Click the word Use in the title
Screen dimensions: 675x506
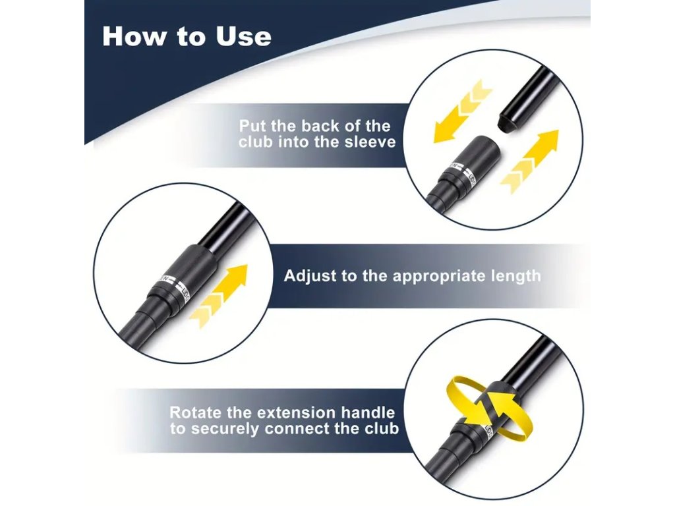243,36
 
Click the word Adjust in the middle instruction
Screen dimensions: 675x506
310,276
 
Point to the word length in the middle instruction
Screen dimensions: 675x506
515,276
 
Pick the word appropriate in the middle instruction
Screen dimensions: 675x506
440,276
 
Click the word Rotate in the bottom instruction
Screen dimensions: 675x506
196,412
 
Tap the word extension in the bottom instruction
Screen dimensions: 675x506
296,412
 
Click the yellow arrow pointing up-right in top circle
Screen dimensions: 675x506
529,159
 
